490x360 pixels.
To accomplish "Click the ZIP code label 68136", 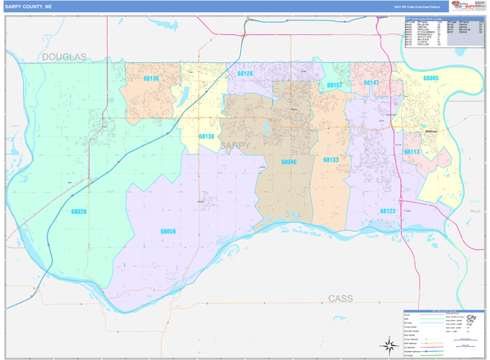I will (x=150, y=78).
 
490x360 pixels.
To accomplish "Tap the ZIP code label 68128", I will (x=245, y=73).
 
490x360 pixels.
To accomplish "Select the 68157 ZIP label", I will (x=334, y=85).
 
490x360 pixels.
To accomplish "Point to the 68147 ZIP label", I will (x=372, y=82).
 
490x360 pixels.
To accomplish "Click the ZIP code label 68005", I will (x=431, y=78).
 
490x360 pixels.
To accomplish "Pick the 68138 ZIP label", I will (x=207, y=136).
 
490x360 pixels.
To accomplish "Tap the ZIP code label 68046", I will (x=289, y=162).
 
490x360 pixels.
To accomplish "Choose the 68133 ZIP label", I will (x=330, y=160).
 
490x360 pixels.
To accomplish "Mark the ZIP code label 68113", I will (x=412, y=152).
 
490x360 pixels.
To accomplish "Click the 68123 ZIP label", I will (x=387, y=211).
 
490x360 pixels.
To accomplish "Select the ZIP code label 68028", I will (x=78, y=211).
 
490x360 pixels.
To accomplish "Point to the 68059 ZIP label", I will (x=167, y=232).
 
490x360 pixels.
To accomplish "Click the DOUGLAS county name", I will (x=65, y=56).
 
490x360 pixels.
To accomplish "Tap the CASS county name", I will (x=341, y=299).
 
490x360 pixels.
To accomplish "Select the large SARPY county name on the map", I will (x=235, y=146).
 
